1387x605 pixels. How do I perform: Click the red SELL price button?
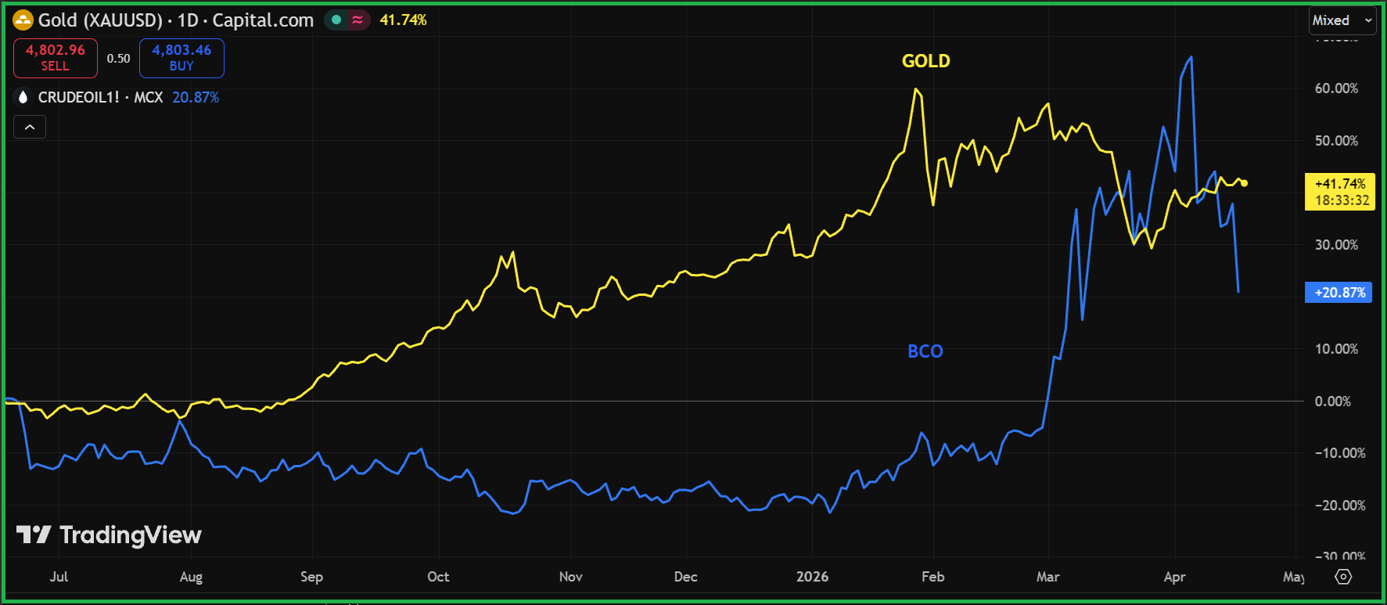click(56, 58)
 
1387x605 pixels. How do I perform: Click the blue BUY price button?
click(181, 58)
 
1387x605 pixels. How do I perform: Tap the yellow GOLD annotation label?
click(925, 61)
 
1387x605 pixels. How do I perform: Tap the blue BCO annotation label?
click(925, 351)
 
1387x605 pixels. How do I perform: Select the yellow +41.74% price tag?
click(1340, 192)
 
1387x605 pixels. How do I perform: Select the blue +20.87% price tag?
click(1338, 293)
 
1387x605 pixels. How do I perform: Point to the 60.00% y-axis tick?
click(1336, 88)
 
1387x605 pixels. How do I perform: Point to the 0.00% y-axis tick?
click(1332, 402)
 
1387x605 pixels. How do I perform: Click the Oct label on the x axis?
click(438, 577)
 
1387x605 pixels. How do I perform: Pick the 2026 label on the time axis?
click(812, 577)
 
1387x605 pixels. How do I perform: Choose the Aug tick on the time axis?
click(191, 577)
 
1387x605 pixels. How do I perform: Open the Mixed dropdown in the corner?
click(1342, 20)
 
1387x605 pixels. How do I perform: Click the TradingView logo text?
click(130, 535)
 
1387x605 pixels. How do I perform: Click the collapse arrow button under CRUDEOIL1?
click(30, 127)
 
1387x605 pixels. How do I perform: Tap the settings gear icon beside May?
click(1343, 577)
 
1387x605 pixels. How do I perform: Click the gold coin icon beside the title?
click(23, 20)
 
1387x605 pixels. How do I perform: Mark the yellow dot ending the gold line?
click(1245, 183)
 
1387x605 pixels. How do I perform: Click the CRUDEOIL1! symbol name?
click(78, 97)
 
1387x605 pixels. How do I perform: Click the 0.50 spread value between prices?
click(118, 59)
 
